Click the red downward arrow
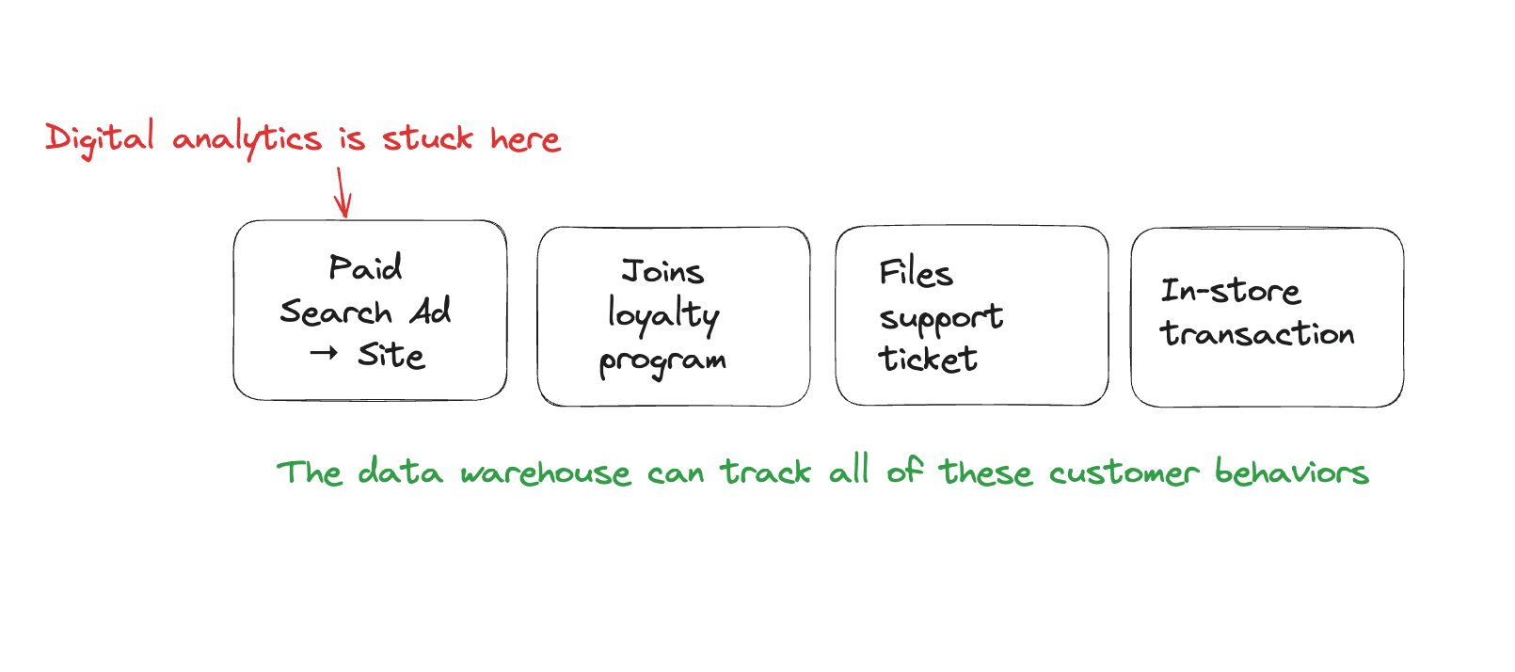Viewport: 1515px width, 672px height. point(343,193)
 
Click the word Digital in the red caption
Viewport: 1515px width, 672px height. point(100,139)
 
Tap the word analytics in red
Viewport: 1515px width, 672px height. point(247,140)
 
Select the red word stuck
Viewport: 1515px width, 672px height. point(427,139)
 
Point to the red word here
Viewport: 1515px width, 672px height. point(525,139)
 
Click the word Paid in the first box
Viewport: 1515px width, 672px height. point(365,267)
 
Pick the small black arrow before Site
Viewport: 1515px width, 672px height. point(324,354)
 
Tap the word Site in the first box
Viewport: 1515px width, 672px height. point(391,356)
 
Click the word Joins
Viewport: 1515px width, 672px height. point(662,272)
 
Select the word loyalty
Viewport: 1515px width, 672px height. point(663,315)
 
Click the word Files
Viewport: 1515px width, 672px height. point(916,273)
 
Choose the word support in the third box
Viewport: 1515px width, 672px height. point(941,318)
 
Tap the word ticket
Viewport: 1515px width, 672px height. point(928,359)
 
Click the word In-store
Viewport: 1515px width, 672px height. point(1230,291)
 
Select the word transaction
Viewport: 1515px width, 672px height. point(1257,333)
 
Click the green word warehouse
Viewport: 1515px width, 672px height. point(546,472)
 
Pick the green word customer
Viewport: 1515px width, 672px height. point(1124,472)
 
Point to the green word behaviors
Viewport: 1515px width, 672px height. point(1291,472)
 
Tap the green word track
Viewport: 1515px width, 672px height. point(766,472)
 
